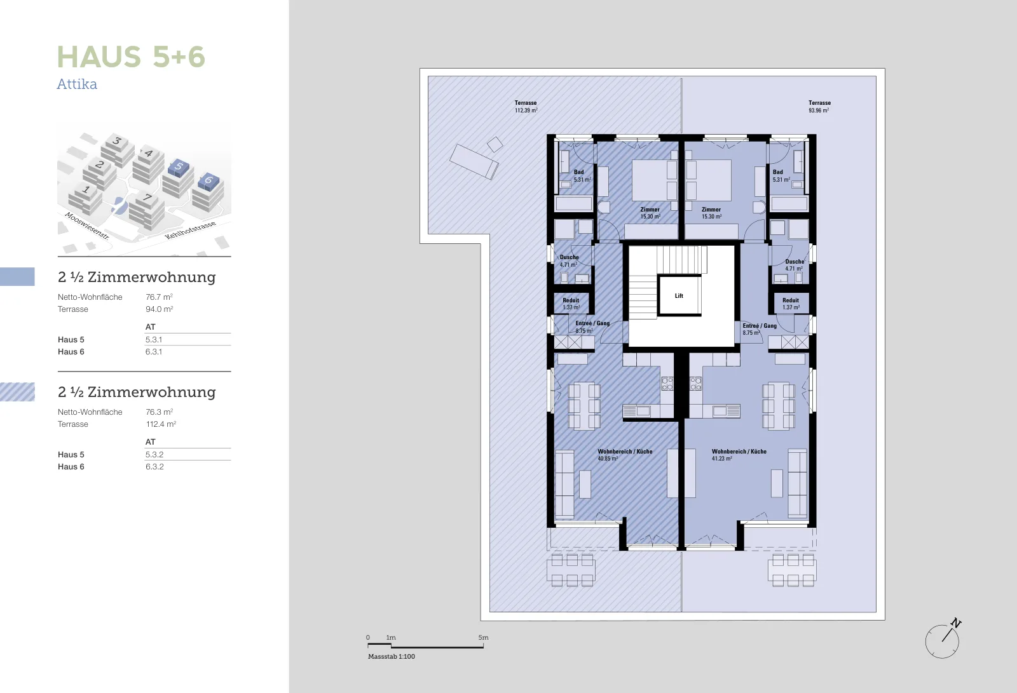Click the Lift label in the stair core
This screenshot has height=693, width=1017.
click(679, 296)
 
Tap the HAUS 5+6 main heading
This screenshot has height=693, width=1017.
click(131, 57)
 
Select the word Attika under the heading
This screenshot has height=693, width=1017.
click(77, 84)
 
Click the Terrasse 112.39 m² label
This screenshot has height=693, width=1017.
click(526, 107)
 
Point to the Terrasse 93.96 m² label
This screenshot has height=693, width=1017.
click(819, 107)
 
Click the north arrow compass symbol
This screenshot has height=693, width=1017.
click(943, 639)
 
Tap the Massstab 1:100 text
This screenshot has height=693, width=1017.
click(392, 656)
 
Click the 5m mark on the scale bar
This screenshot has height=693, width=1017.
click(483, 638)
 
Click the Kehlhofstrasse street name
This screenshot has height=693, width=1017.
click(190, 230)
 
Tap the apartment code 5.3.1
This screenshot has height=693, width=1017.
click(153, 339)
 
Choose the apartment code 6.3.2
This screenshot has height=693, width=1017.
click(154, 466)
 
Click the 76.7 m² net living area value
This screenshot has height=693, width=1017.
click(159, 297)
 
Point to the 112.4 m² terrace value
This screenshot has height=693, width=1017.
click(161, 424)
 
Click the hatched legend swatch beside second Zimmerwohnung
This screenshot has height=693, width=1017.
click(17, 392)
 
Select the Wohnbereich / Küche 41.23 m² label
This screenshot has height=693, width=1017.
click(739, 455)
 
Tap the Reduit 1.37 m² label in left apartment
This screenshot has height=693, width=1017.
click(571, 304)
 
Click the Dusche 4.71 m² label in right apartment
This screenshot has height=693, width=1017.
click(795, 265)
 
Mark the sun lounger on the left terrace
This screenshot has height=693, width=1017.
click(474, 161)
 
